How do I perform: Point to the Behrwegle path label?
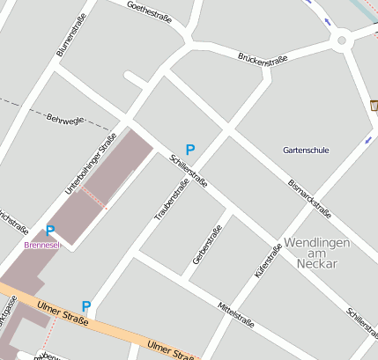pyautogui.click(x=64, y=118)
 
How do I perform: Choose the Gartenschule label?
pyautogui.click(x=306, y=151)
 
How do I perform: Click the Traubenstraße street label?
pyautogui.click(x=172, y=200)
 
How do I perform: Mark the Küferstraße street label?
pyautogui.click(x=268, y=261)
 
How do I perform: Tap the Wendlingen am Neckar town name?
pyautogui.click(x=317, y=253)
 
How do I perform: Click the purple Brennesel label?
pyautogui.click(x=41, y=245)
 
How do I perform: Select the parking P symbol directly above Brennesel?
pyautogui.click(x=50, y=231)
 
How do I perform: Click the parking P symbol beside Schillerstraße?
pyautogui.click(x=190, y=151)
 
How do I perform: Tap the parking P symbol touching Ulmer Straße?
pyautogui.click(x=86, y=306)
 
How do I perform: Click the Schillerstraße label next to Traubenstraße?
pyautogui.click(x=189, y=171)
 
